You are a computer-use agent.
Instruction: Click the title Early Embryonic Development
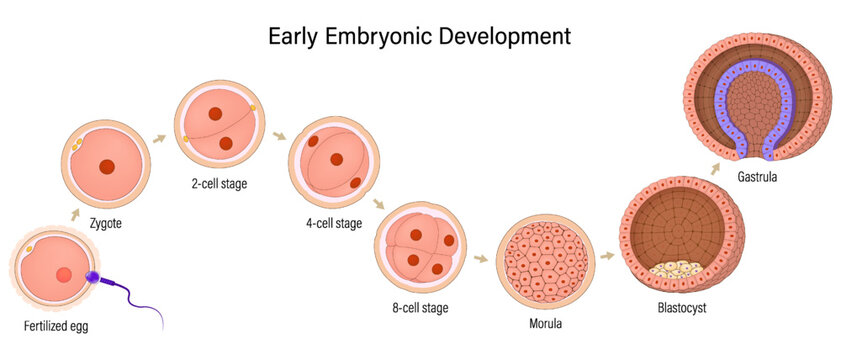coord(420,36)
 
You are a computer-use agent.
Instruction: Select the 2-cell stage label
coord(221,183)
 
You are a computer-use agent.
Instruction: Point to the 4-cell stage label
coord(333,224)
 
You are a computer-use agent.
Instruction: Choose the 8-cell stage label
coord(420,308)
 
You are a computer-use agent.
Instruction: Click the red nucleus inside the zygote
coord(107,167)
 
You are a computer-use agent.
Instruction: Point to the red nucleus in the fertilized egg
coord(63,275)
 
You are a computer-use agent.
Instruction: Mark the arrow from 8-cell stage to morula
coord(481,259)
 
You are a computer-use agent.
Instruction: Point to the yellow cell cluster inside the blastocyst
coord(674,268)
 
